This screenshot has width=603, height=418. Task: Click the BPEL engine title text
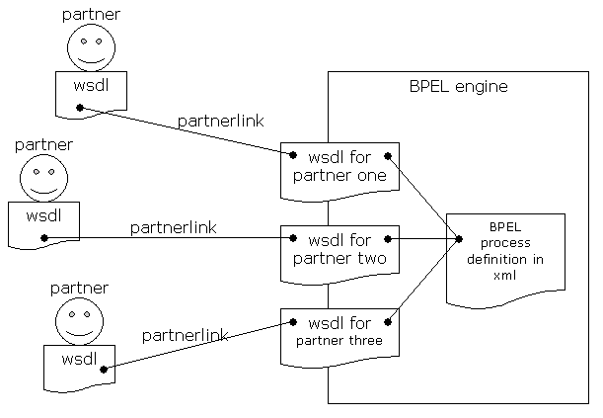pyautogui.click(x=458, y=87)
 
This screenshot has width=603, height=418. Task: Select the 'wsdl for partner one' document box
pyautogui.click(x=339, y=172)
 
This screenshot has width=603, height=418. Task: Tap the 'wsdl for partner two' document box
pyautogui.click(x=339, y=255)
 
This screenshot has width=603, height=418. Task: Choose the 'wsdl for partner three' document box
pyautogui.click(x=339, y=338)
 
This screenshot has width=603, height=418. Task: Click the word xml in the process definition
pyautogui.click(x=504, y=275)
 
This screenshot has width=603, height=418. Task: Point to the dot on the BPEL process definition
pyautogui.click(x=459, y=239)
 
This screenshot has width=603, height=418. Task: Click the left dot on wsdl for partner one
pyautogui.click(x=293, y=155)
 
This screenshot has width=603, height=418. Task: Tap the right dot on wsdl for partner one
pyautogui.click(x=388, y=156)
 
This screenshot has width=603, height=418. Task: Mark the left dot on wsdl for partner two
pyautogui.click(x=293, y=238)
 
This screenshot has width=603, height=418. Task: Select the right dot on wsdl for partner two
pyautogui.click(x=388, y=239)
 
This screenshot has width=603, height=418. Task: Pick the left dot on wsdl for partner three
pyautogui.click(x=293, y=322)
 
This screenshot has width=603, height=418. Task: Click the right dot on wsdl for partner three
pyautogui.click(x=388, y=322)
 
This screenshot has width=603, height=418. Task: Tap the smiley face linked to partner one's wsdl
pyautogui.click(x=91, y=47)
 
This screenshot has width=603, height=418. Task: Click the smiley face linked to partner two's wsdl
pyautogui.click(x=43, y=178)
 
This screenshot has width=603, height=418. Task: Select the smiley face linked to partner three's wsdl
pyautogui.click(x=79, y=321)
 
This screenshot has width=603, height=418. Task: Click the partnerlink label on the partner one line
pyautogui.click(x=221, y=122)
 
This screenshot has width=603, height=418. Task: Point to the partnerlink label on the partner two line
pyautogui.click(x=174, y=227)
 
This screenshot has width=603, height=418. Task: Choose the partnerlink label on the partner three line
pyautogui.click(x=186, y=335)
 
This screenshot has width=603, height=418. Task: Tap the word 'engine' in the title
pyautogui.click(x=481, y=88)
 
